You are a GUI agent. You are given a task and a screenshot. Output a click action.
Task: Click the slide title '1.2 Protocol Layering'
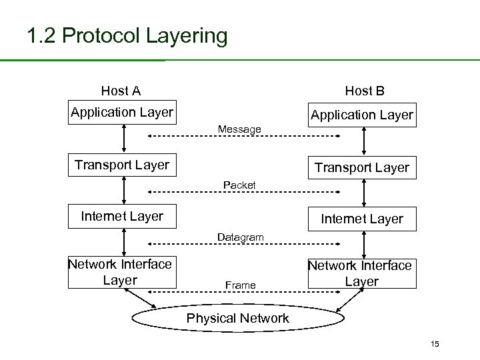(127, 35)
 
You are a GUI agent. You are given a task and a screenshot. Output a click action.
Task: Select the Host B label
(364, 91)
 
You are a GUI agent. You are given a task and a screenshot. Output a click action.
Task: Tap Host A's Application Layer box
(122, 112)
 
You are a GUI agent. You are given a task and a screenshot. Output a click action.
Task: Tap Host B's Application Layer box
(362, 115)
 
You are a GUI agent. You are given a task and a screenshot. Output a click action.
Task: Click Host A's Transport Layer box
(122, 165)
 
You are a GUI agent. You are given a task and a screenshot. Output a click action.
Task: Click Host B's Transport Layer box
(362, 167)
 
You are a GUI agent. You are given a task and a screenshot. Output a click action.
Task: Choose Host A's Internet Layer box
(122, 216)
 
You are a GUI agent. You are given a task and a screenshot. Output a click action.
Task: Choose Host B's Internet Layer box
(362, 219)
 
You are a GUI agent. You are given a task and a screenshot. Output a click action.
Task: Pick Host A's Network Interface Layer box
(120, 272)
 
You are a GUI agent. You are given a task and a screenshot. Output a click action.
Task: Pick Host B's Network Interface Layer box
(360, 273)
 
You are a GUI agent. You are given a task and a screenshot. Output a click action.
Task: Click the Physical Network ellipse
(237, 318)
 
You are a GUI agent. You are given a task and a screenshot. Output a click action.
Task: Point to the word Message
(240, 128)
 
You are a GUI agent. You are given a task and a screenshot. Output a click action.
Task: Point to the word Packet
(240, 183)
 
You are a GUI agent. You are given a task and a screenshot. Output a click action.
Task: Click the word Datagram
(240, 237)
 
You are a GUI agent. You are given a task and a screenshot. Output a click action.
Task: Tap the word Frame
(240, 285)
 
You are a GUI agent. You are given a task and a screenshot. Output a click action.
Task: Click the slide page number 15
(435, 344)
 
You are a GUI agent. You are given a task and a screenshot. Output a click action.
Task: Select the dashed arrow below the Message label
(243, 137)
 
